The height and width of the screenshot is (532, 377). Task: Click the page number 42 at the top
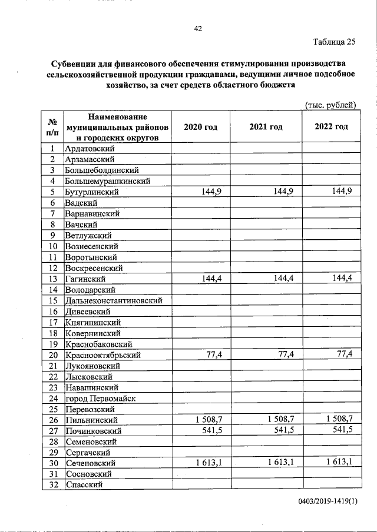click(198, 28)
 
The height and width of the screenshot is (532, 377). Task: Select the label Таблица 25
click(334, 41)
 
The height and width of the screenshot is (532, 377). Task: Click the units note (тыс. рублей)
click(330, 105)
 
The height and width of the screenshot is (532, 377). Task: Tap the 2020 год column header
click(200, 127)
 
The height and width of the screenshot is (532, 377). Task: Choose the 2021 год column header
click(265, 127)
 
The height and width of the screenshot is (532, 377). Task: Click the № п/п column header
click(52, 127)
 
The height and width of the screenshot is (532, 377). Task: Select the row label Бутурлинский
click(92, 192)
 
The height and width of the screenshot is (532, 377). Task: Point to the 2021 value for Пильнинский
click(280, 419)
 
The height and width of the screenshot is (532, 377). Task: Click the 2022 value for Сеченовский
click(339, 463)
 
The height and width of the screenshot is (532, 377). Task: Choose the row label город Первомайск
click(101, 398)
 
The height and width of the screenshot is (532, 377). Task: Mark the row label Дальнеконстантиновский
click(114, 300)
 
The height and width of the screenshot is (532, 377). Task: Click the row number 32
click(52, 484)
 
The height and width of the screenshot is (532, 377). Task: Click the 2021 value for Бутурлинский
click(283, 192)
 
